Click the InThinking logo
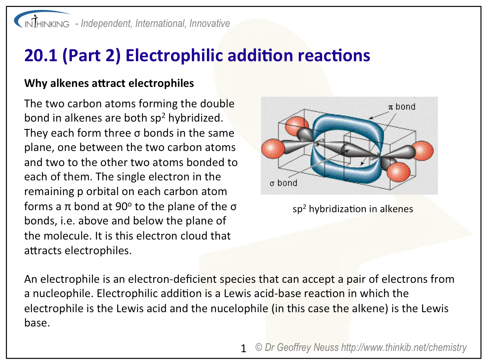[42, 20]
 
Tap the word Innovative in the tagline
[209, 23]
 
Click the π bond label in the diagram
[402, 107]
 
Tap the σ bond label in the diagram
[283, 183]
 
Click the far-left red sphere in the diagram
[273, 149]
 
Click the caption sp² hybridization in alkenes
[353, 209]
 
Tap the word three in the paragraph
[118, 133]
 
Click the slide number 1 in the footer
[243, 348]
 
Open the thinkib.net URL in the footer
[404, 347]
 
